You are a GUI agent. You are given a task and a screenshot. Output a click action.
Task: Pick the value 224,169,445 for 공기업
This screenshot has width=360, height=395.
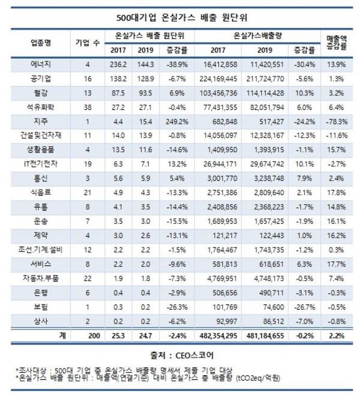(x=221, y=78)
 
